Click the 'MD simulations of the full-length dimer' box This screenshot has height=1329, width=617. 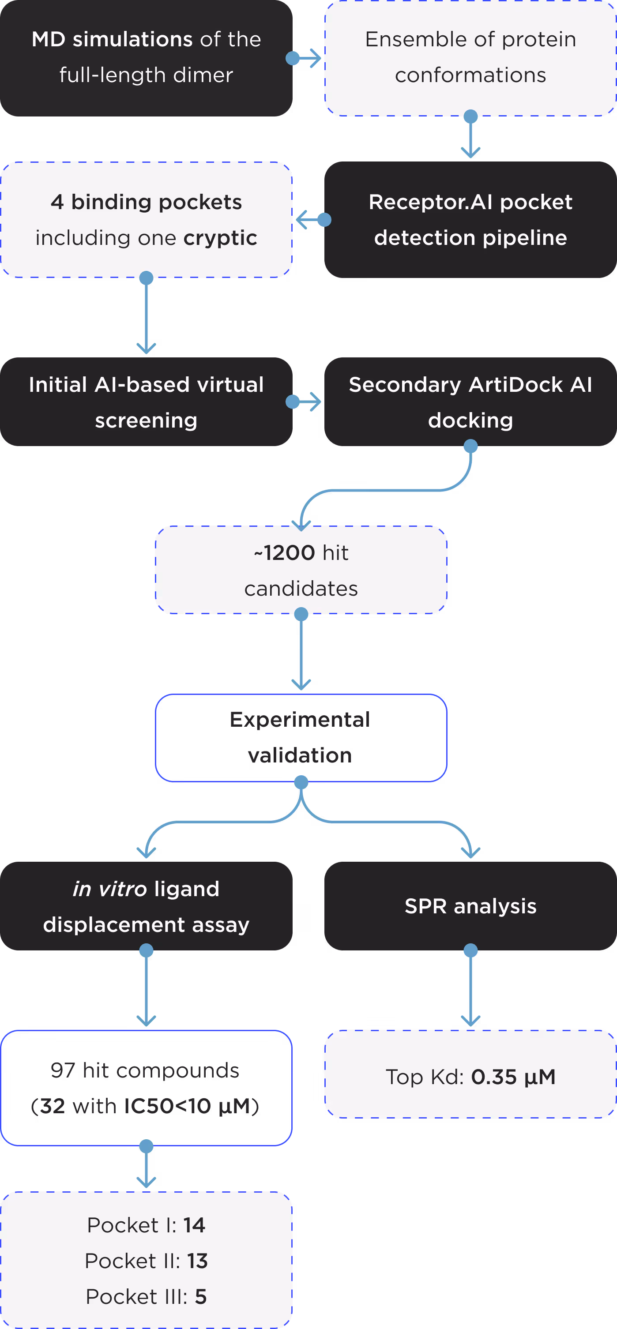[146, 58]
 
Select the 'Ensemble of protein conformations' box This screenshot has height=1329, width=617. [470, 58]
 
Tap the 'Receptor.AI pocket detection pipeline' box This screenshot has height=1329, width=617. [470, 220]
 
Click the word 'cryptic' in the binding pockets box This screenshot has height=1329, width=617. [220, 238]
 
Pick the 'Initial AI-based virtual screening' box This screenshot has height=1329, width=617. [146, 402]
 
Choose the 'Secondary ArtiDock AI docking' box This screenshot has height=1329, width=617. [470, 402]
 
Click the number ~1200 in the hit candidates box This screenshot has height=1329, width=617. [285, 553]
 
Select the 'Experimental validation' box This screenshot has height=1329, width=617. [301, 738]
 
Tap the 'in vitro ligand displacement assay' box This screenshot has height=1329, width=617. [146, 906]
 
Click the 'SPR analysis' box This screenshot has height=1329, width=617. [470, 906]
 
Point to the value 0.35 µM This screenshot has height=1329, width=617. [513, 1077]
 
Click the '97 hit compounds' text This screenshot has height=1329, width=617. [145, 1070]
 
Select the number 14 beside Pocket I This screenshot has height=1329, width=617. [195, 1225]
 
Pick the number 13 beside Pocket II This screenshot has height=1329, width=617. [198, 1261]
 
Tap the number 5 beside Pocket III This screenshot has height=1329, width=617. [201, 1296]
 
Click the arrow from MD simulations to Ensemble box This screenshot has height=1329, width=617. [305, 58]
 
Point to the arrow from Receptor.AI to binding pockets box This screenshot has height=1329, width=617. [312, 220]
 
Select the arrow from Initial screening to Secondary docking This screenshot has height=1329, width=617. [305, 402]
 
